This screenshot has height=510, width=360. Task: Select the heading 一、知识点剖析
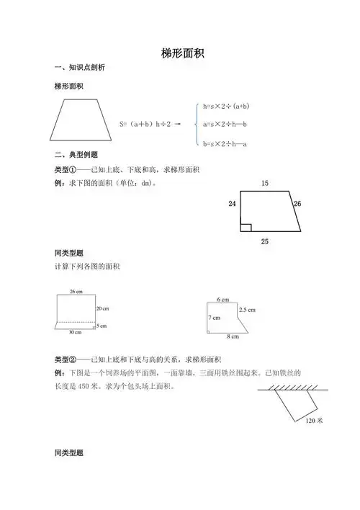pos(80,68)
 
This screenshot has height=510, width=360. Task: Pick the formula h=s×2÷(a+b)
pos(226,106)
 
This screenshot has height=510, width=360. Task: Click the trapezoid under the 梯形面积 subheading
pos(78,120)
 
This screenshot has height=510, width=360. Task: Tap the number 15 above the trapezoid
pos(264,184)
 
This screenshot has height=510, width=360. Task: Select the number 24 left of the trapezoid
pos(232,205)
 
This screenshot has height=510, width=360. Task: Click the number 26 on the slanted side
pos(297,205)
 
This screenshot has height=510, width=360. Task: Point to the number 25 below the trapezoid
pos(265,241)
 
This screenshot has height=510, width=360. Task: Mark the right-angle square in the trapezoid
pos(246,228)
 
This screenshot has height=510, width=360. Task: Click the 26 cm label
pos(76,291)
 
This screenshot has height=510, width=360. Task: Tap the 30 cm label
pos(76,332)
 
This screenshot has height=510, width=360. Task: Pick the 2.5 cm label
pos(247,310)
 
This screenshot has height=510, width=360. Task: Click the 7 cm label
pos(215,318)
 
